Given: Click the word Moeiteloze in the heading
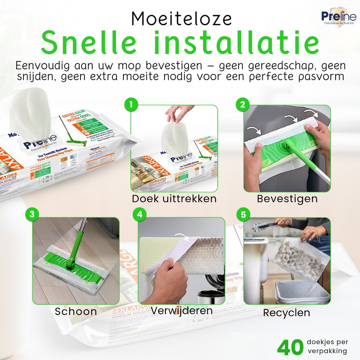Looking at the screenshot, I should coord(181,19).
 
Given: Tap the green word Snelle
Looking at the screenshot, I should coord(89,43).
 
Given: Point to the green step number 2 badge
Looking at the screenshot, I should coord(243,104).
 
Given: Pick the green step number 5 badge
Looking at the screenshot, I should coord(243,214).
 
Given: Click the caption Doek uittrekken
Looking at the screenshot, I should coord(174,199).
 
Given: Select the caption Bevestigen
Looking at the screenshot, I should coord(287,199).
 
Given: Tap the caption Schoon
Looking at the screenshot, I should coord(76,311).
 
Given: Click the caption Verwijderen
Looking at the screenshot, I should coord(181,310).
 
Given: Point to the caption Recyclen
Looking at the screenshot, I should coord(287,313).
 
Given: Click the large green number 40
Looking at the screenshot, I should coord(290,347).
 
